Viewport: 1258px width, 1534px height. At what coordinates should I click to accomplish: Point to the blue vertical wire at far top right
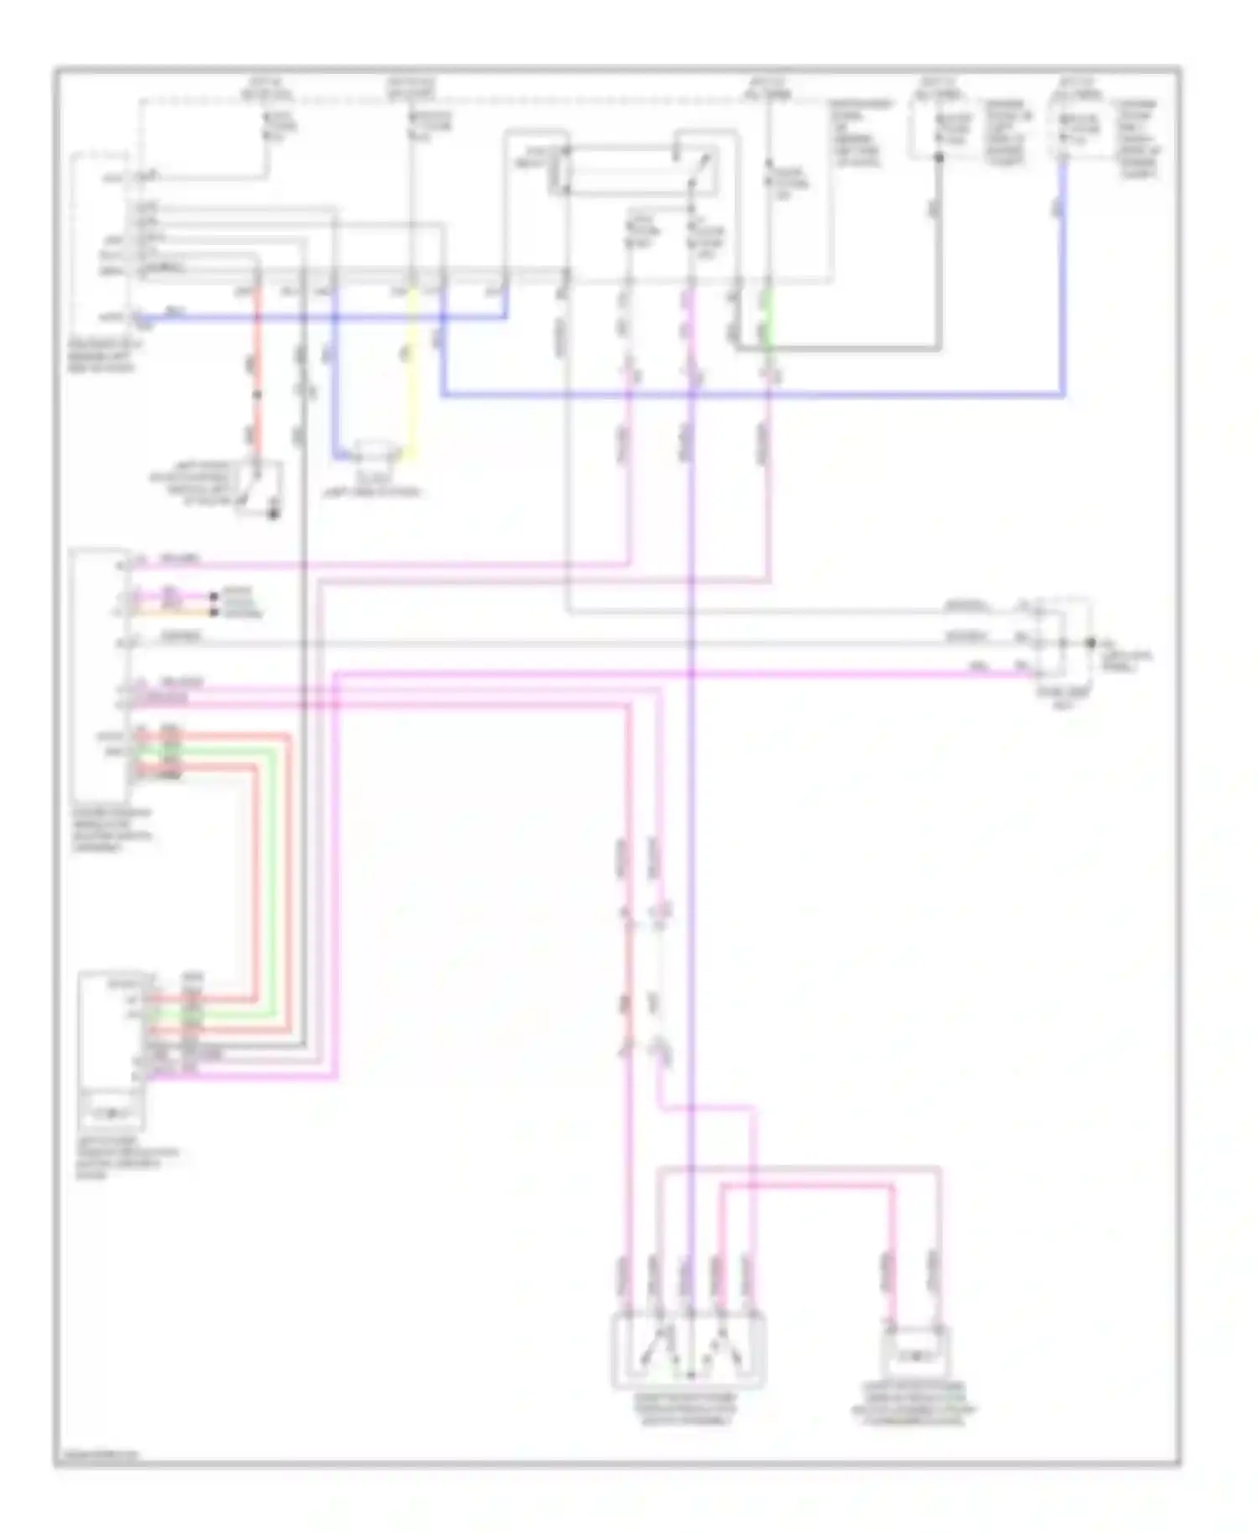point(1063,277)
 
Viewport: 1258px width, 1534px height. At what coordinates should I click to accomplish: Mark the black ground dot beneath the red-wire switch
point(273,513)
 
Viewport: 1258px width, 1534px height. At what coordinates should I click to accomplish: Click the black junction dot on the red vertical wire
point(257,394)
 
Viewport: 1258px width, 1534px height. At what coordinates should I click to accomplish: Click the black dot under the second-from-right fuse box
point(938,157)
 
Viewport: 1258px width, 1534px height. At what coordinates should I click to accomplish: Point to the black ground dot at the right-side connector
point(1091,643)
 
